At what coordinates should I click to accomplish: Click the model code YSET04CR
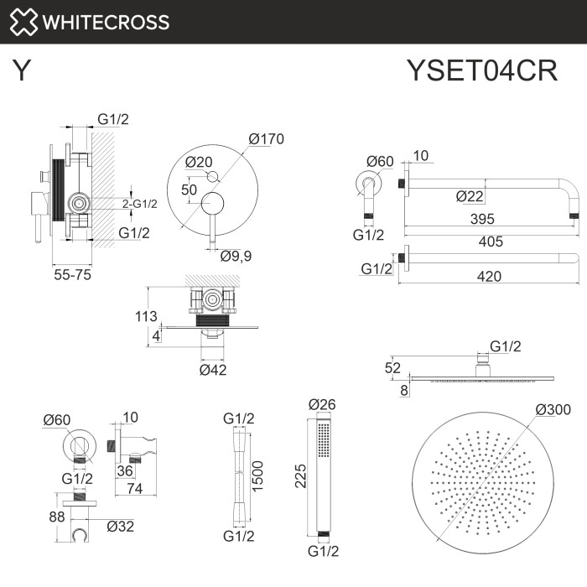(x=481, y=71)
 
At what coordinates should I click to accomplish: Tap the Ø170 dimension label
(x=267, y=139)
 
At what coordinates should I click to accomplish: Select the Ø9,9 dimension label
(x=236, y=255)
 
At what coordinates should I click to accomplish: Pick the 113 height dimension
(x=147, y=316)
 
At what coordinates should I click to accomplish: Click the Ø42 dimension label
(x=213, y=369)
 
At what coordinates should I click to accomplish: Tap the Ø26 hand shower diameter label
(x=323, y=405)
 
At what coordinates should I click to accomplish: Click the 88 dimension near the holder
(x=57, y=517)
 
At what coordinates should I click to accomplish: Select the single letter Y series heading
(x=23, y=71)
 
